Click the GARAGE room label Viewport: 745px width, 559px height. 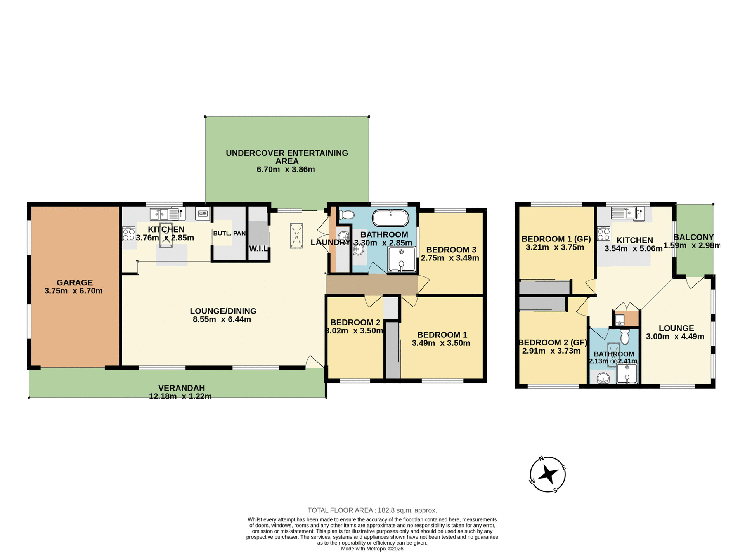[74, 283]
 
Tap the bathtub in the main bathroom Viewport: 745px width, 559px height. [390, 218]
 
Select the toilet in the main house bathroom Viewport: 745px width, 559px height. [347, 215]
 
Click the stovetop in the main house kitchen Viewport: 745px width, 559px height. [129, 234]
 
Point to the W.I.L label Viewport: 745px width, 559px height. [258, 248]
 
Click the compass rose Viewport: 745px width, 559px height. [547, 474]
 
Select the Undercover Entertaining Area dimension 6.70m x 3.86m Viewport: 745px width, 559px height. [286, 170]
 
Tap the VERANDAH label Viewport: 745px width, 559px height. [181, 388]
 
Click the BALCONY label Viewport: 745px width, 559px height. [693, 237]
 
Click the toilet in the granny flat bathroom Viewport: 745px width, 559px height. [625, 337]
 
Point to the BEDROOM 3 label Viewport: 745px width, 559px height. [451, 250]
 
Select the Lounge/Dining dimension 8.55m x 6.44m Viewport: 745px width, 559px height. [222, 319]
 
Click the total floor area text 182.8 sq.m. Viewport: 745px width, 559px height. [372, 510]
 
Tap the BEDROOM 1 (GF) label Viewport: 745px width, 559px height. [556, 239]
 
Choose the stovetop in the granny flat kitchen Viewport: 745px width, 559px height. [604, 234]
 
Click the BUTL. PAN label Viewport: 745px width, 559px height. [229, 233]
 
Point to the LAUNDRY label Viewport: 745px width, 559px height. [330, 243]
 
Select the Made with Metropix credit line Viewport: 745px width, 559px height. [372, 549]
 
